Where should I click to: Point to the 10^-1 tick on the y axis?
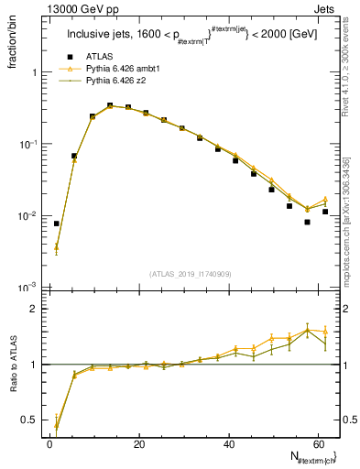click(x=27, y=144)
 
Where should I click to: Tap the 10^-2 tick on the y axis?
click(x=27, y=216)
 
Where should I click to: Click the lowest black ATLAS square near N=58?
click(x=308, y=222)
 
